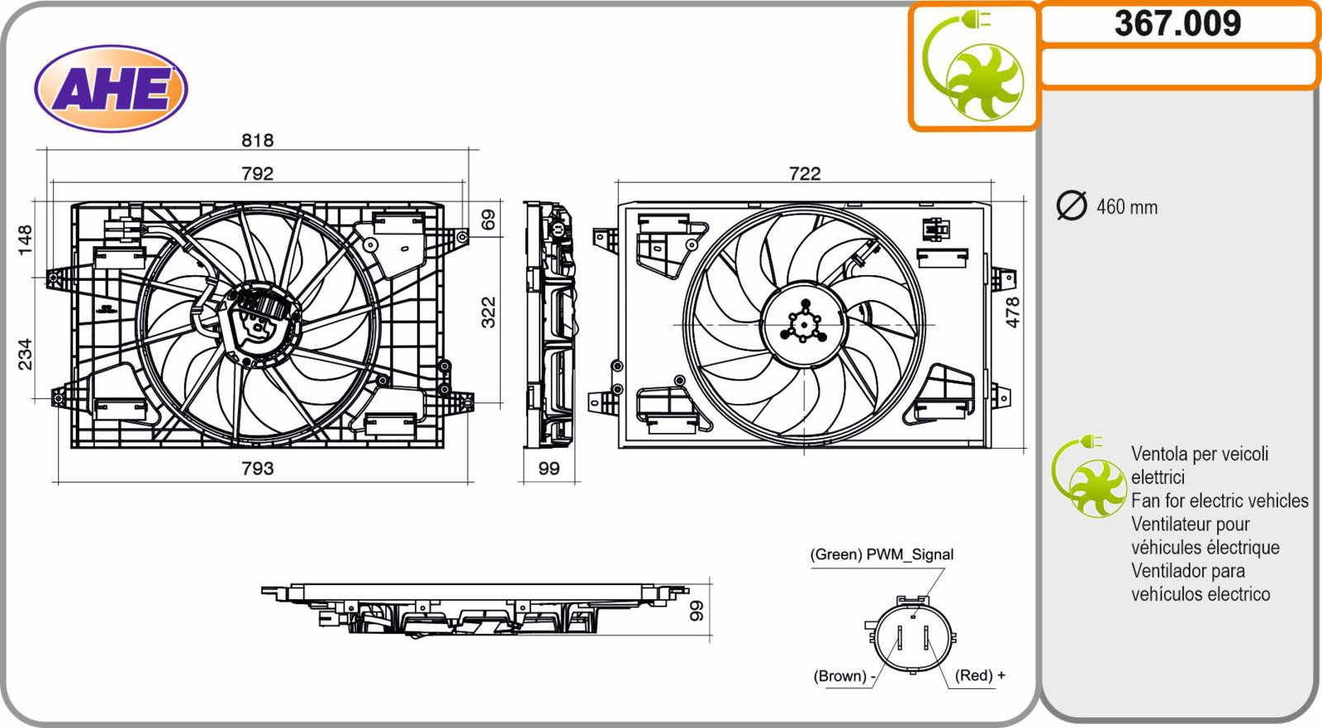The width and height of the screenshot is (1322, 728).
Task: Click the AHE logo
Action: pyautogui.click(x=111, y=88)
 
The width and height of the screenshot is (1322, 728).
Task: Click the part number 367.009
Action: pyautogui.click(x=1177, y=24)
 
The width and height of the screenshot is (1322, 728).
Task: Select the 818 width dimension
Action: pyautogui.click(x=257, y=140)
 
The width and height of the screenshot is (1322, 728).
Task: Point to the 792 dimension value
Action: pyautogui.click(x=257, y=174)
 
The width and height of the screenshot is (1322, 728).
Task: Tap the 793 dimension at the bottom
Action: pyautogui.click(x=257, y=469)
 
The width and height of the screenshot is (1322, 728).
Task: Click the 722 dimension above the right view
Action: pyautogui.click(x=805, y=174)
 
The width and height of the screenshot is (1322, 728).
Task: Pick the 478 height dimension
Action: pyautogui.click(x=1012, y=312)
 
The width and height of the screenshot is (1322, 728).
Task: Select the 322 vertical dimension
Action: pyautogui.click(x=488, y=312)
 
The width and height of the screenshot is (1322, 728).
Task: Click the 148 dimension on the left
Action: pyautogui.click(x=25, y=240)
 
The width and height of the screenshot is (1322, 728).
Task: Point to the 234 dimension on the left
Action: pyautogui.click(x=25, y=354)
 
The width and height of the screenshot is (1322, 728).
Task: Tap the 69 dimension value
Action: pyautogui.click(x=488, y=220)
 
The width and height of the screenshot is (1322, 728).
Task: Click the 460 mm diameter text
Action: pyautogui.click(x=1127, y=207)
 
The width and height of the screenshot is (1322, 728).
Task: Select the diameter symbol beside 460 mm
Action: pyautogui.click(x=1071, y=206)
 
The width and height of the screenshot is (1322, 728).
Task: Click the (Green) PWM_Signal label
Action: pyautogui.click(x=881, y=554)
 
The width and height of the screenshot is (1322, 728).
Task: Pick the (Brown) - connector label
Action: pyautogui.click(x=844, y=675)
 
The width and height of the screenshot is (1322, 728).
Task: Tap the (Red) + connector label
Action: pyautogui.click(x=980, y=675)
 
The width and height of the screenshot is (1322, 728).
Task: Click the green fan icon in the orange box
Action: pyautogui.click(x=972, y=65)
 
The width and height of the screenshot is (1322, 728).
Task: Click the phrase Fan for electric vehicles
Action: pyautogui.click(x=1220, y=501)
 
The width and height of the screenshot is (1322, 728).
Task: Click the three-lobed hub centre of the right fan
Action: pyautogui.click(x=804, y=324)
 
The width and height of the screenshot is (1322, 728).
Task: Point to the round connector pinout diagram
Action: pyautogui.click(x=911, y=635)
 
